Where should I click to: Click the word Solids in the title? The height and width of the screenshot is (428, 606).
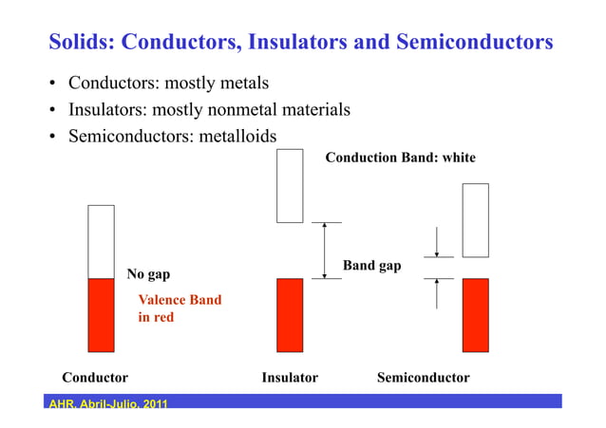pos(80,43)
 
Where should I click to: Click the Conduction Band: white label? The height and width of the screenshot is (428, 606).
pos(400,158)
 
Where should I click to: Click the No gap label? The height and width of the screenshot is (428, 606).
pos(148,275)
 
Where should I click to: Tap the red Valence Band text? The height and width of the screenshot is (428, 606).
pos(180,300)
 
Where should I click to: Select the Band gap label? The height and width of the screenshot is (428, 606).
pos(371,267)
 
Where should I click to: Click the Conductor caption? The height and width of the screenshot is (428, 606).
pos(95,378)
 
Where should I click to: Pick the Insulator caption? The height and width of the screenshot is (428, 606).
pos(289,378)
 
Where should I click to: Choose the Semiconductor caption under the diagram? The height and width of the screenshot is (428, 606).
pos(423,378)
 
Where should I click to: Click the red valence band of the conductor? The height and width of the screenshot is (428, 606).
pos(101,314)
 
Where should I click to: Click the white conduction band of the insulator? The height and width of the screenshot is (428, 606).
pos(289,185)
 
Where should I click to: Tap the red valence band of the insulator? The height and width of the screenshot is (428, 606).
pos(290,314)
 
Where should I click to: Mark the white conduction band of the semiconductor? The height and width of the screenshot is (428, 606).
pos(475,220)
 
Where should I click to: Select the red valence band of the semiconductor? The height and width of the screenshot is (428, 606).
pos(475,314)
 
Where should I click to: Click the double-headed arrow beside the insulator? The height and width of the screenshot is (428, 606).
pos(326,251)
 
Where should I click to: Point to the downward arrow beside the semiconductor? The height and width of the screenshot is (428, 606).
pos(436,243)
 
